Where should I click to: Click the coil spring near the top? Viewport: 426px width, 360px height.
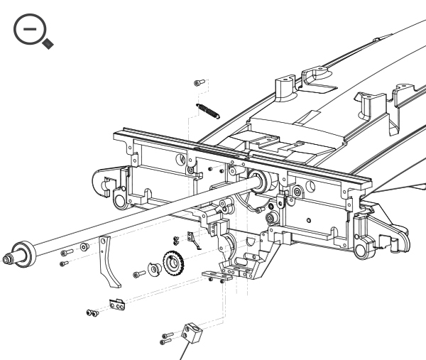208,111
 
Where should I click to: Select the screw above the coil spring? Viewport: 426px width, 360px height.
197,83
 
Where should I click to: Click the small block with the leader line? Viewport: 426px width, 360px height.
191,332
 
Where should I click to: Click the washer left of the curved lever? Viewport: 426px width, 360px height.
84,248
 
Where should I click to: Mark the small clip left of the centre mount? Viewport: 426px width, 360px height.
194,239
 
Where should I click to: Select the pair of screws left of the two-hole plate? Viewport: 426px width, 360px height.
92,311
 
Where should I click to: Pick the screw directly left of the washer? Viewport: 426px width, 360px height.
67,252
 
